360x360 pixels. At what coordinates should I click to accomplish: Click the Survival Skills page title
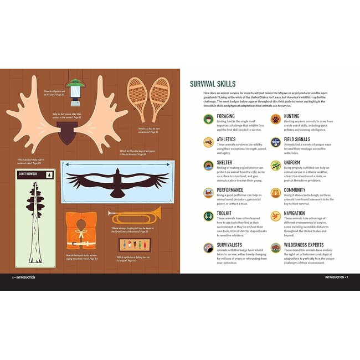point(216,84)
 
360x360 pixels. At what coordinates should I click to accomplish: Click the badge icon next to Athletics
point(208,142)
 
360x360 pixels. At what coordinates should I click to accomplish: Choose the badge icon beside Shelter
point(208,165)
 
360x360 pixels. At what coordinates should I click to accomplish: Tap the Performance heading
point(230,190)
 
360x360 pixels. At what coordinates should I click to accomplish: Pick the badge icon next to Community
point(275,193)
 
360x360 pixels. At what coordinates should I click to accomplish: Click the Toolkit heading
point(223,213)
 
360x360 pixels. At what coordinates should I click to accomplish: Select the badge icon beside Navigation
point(275,216)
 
